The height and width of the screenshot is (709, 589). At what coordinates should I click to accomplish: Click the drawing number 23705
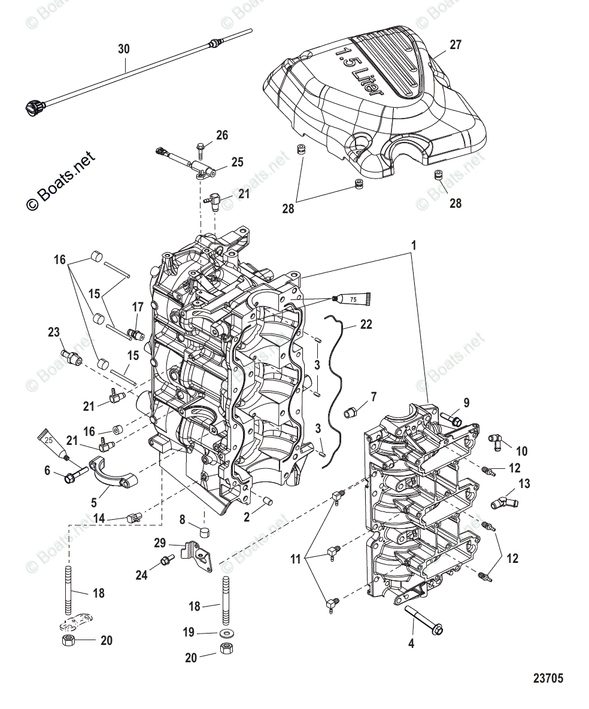(x=547, y=678)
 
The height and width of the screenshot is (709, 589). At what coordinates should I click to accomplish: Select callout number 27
(x=456, y=45)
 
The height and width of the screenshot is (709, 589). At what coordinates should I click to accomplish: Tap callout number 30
(x=123, y=49)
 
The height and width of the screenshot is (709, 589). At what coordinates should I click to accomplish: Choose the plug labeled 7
(x=353, y=412)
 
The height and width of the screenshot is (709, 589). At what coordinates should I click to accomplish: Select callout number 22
(x=366, y=324)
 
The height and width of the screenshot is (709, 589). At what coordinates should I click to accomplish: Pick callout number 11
(x=294, y=560)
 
